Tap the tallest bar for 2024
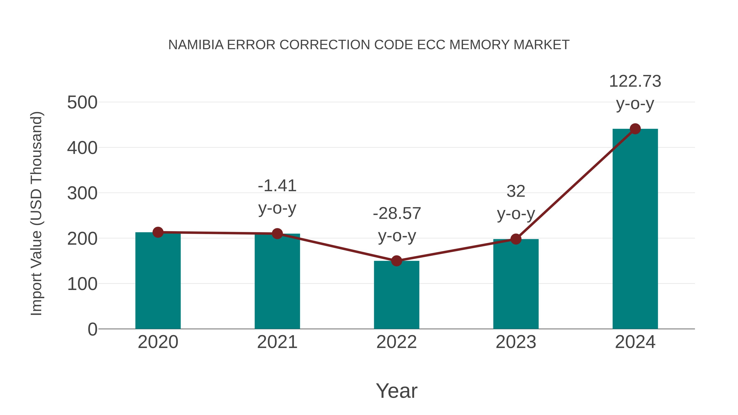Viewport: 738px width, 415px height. pos(635,229)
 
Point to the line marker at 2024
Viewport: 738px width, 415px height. pos(635,129)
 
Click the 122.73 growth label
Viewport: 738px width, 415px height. pos(635,81)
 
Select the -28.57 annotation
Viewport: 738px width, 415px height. pos(397,214)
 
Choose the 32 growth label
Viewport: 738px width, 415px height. pos(516,191)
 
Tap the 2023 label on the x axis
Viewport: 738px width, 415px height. pos(516,342)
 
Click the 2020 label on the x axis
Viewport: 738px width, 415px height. pos(158,342)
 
